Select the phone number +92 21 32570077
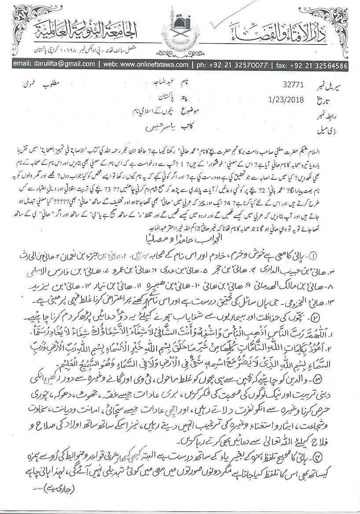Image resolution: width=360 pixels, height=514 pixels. pos(236,64)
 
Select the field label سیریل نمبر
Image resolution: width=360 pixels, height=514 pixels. pos(338,83)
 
